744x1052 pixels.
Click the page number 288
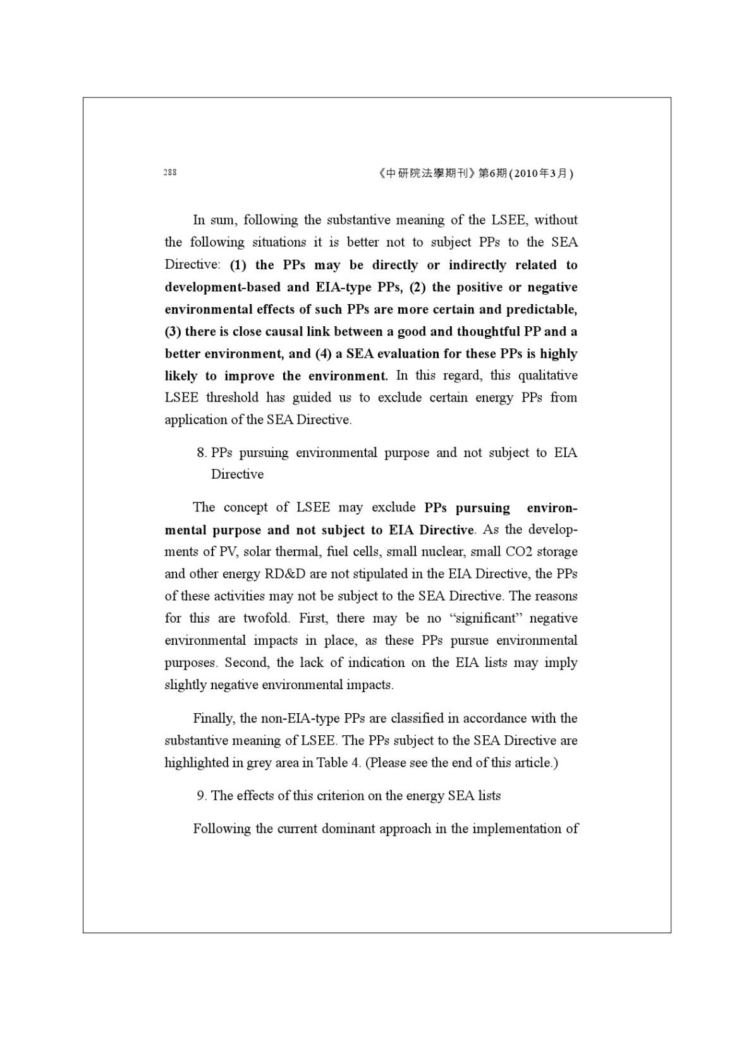tap(170, 173)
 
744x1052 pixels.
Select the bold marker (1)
tap(238, 265)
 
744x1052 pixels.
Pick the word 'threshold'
tap(233, 398)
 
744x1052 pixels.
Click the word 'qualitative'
tap(548, 376)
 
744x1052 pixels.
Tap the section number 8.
tap(201, 453)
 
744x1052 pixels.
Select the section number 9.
tap(201, 796)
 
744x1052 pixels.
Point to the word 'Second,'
tap(248, 663)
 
